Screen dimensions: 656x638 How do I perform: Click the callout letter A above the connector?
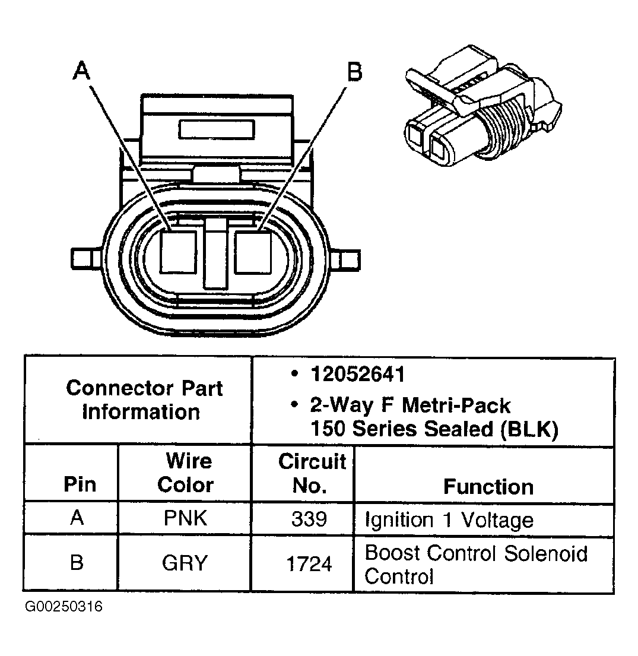[x=81, y=71]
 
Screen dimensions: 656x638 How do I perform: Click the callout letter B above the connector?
[x=354, y=72]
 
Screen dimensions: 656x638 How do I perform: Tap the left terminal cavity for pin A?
[x=178, y=252]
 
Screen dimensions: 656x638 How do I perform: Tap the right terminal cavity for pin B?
[x=253, y=252]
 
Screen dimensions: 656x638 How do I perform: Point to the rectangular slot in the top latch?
[x=216, y=129]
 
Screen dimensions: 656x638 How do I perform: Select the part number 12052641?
[x=357, y=374]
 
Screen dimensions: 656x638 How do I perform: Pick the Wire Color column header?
[x=185, y=473]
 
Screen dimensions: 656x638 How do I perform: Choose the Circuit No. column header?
[x=311, y=473]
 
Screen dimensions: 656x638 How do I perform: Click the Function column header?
[x=488, y=486]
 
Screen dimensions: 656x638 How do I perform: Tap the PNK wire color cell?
[x=185, y=518]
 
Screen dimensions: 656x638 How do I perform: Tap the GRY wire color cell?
[x=185, y=563]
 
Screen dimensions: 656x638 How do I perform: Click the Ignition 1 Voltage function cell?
[x=449, y=520]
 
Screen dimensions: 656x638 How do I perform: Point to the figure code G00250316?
[x=64, y=607]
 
